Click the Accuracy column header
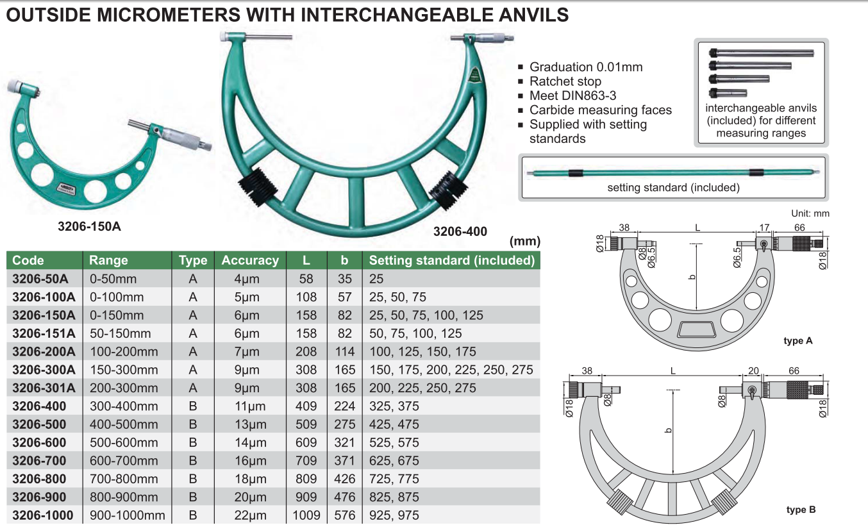coord(250,260)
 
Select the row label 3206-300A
coord(44,370)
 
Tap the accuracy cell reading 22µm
coord(250,515)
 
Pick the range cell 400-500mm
coord(123,424)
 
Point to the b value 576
coord(344,515)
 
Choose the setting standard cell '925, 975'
coord(394,515)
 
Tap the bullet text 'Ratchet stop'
coord(565,81)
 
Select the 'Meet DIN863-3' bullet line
coord(572,96)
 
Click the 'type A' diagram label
coord(798,341)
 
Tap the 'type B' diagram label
coord(801,510)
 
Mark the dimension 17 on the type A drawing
coord(764,227)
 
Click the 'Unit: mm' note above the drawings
coord(811,213)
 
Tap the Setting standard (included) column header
coord(451,260)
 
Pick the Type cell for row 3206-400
coord(192,406)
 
